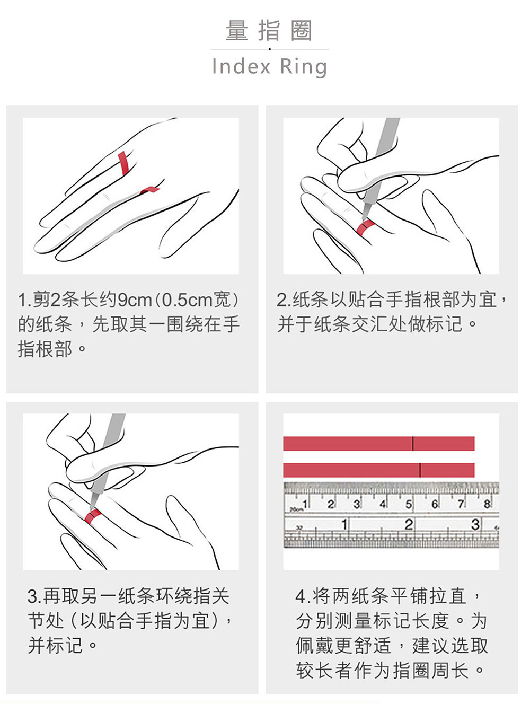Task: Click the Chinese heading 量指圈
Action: [x=269, y=30]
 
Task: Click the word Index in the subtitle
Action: [x=241, y=66]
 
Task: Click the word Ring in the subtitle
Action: [x=303, y=67]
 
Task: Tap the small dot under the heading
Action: [x=269, y=49]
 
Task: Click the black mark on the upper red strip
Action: [x=413, y=443]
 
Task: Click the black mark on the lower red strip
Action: [x=420, y=470]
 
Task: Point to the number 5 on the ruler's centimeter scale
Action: [x=409, y=504]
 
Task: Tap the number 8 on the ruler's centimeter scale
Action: [x=487, y=504]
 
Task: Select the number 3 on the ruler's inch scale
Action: [x=475, y=524]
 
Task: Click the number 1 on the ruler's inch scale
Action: [x=344, y=525]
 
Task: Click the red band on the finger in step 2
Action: [x=365, y=227]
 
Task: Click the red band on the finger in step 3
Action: [x=92, y=516]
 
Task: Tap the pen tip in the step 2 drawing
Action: [x=363, y=219]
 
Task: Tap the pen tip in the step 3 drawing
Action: [x=91, y=509]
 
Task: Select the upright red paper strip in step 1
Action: [x=123, y=163]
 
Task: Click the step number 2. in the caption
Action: [x=284, y=300]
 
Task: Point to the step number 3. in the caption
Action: [x=34, y=596]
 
